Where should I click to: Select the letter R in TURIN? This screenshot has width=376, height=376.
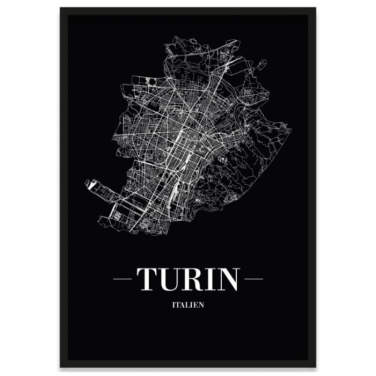196,279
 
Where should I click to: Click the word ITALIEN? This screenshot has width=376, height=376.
188,307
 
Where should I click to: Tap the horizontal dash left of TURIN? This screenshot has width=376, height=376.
124,279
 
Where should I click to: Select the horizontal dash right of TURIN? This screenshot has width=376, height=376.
252,279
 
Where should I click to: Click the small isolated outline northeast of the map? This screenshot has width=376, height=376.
263,64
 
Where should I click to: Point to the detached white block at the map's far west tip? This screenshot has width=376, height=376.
93,186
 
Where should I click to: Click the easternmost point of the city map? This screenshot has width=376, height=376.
291,129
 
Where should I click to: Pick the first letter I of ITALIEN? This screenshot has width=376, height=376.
174,307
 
